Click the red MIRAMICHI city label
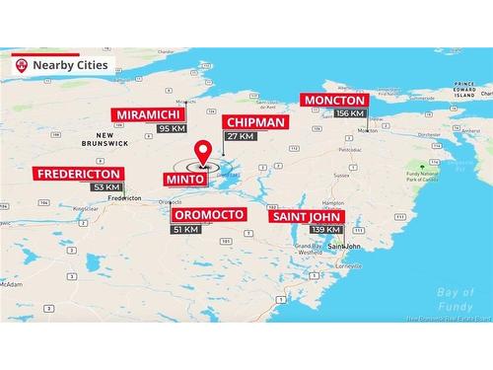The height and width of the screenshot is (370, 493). coord(148,114)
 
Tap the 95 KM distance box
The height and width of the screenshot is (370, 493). coord(172,128)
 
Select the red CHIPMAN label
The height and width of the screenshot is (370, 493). coord(254,121)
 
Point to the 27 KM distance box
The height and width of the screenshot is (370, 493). coord(240,136)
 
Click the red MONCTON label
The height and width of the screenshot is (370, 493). coord(335,100)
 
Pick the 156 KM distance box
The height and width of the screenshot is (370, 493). coord(350,113)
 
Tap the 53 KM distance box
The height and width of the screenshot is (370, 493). coord(106,187)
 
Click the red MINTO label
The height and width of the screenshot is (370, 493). coord(185,180)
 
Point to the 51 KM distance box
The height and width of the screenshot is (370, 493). coord(185,229)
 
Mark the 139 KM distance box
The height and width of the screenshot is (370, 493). coord(327,229)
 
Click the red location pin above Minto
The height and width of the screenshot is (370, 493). coord(204,152)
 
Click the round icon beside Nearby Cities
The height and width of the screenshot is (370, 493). coord(22,65)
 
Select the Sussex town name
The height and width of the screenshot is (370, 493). coord(341,174)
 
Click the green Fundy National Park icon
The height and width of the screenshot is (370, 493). coord(433,165)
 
